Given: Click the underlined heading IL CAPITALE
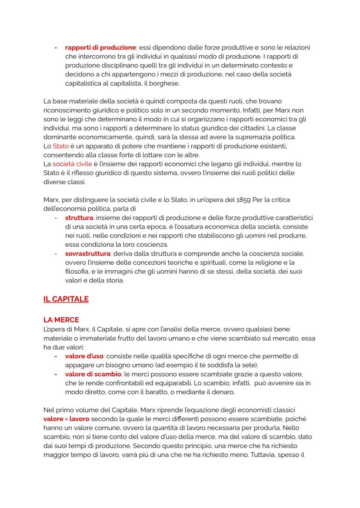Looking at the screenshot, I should coord(66,299).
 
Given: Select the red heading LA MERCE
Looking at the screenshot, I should coord(61,320).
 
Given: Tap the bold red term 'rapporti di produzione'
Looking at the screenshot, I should coord(100,47).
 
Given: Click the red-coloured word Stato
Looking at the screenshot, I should coord(60,146).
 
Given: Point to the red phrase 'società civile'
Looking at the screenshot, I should coord(72,164).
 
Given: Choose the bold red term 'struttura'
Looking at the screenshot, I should coord(79,217).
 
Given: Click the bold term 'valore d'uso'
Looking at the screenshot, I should coord(84,356).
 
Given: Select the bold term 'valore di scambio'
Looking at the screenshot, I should coord(93,374).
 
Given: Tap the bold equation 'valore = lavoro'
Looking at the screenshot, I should coord(66,419).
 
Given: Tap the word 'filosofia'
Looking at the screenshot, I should coord(77,271).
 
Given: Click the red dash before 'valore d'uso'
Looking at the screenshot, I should coord(56,356).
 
